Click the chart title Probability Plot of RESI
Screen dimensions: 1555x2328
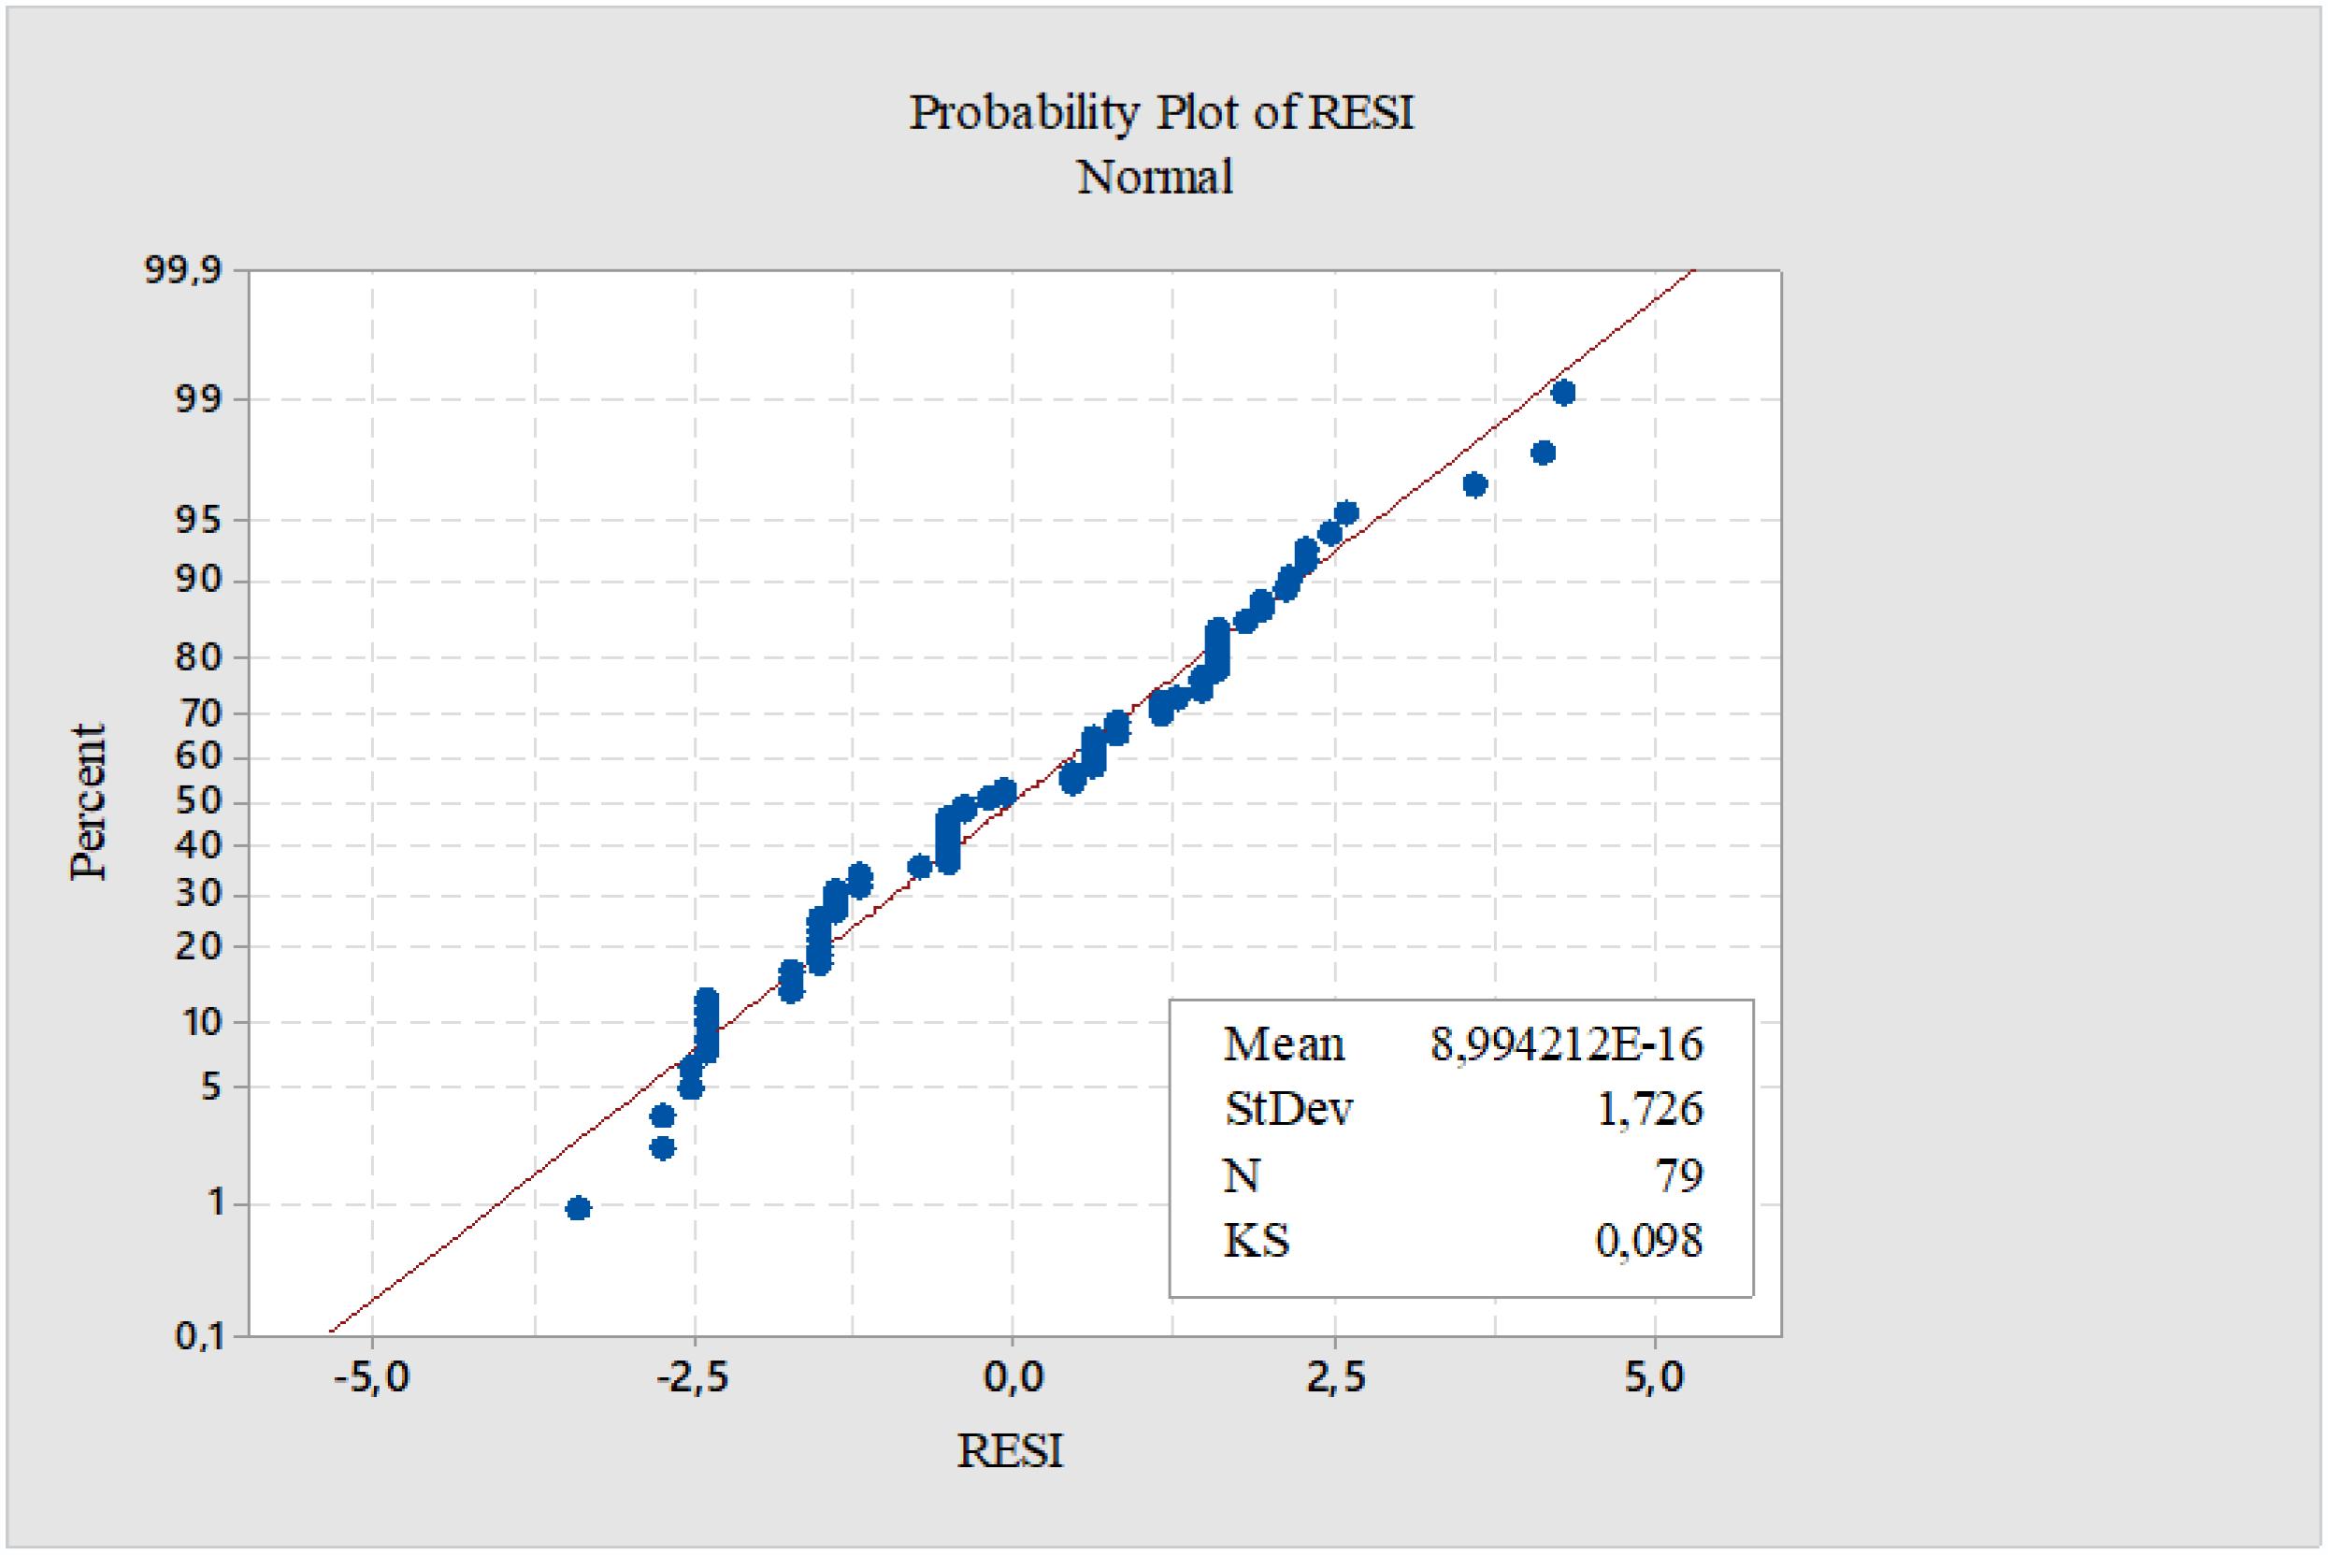coord(1161,113)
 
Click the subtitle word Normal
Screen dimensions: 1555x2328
coord(1155,179)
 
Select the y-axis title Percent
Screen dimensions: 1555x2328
coord(89,801)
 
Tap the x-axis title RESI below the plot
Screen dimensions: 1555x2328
coord(1010,1452)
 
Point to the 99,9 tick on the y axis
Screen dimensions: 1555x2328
coord(183,269)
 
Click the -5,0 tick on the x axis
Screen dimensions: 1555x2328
coord(371,1377)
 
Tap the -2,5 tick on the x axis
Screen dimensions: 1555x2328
coord(694,1377)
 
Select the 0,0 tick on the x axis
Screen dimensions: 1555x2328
coord(1013,1377)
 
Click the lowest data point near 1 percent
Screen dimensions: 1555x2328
coord(578,1208)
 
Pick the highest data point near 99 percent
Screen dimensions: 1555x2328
coord(1562,393)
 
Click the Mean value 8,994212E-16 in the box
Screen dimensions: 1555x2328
coord(1565,1044)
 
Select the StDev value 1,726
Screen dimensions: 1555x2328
coord(1649,1109)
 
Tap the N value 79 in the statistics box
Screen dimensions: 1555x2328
coord(1678,1175)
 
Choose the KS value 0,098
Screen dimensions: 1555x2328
coord(1649,1242)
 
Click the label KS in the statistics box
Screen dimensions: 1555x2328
coord(1257,1242)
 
